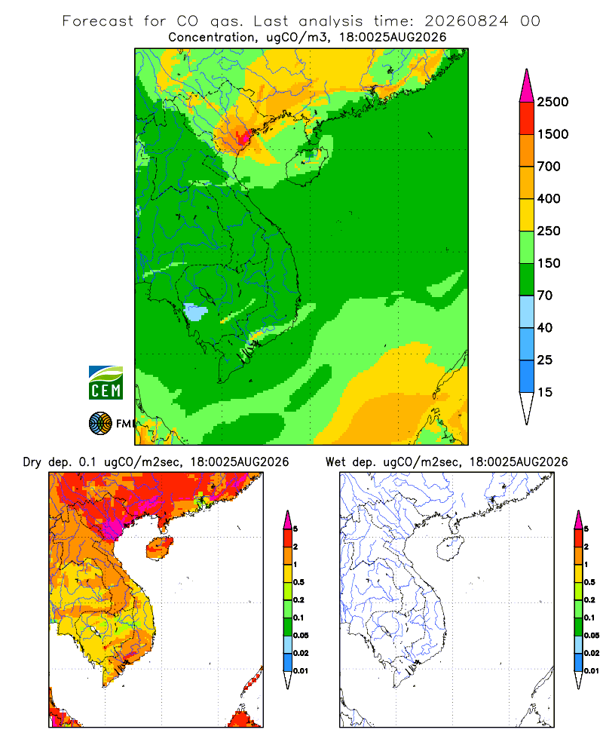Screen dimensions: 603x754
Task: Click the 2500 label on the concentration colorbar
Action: [x=552, y=102]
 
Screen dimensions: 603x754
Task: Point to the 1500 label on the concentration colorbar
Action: [x=552, y=134]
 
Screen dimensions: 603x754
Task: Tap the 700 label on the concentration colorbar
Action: [x=549, y=167]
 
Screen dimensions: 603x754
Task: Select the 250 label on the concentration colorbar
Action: [x=549, y=231]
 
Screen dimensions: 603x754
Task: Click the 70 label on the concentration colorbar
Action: [x=545, y=296]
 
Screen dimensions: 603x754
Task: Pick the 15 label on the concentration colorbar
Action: [x=545, y=392]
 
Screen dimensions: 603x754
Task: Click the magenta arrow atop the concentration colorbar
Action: [x=527, y=86]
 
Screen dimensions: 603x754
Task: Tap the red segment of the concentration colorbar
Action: [x=527, y=118]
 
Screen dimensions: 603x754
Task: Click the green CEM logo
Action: [x=106, y=383]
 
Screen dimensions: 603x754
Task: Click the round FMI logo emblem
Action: [x=100, y=424]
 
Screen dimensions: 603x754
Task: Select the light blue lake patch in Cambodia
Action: [x=196, y=312]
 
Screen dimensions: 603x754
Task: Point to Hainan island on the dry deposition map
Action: [x=159, y=548]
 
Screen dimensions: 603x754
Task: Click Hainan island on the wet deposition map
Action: [x=450, y=548]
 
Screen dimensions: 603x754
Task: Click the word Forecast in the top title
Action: [x=98, y=21]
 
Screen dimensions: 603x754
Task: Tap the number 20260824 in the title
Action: [x=467, y=21]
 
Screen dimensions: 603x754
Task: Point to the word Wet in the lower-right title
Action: [x=335, y=462]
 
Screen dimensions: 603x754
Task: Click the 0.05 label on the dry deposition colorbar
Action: [x=301, y=635]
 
